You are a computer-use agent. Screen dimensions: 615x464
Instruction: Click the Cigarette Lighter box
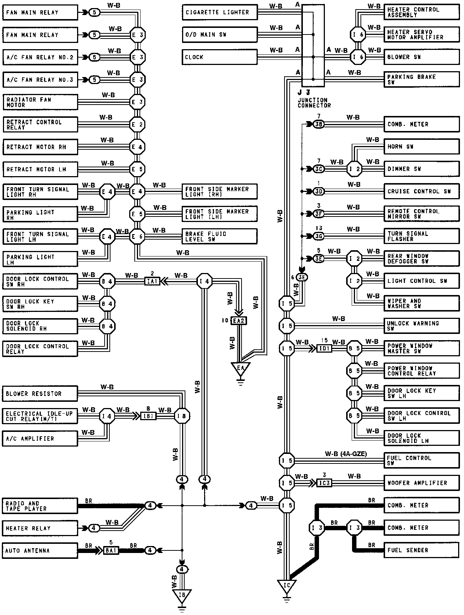click(220, 12)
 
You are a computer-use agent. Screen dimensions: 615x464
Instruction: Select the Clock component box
click(220, 57)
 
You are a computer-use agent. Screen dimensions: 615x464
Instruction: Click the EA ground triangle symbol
click(240, 368)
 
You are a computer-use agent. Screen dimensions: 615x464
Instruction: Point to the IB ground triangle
click(182, 595)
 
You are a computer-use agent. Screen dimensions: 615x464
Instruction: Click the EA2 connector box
click(239, 321)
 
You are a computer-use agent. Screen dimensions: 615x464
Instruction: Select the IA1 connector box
click(152, 282)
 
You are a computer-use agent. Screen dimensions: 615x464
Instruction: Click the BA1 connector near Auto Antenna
click(111, 550)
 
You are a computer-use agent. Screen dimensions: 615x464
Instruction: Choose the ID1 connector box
click(324, 348)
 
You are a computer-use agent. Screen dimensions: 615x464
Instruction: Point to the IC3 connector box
click(324, 483)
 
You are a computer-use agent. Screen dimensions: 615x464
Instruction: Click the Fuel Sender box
click(421, 550)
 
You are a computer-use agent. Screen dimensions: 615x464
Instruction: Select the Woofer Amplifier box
click(421, 483)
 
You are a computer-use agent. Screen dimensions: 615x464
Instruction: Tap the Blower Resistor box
click(40, 394)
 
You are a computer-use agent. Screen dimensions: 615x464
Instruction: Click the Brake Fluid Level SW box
click(220, 237)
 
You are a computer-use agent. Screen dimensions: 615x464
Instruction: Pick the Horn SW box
click(421, 146)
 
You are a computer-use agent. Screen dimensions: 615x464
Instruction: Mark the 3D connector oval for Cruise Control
click(319, 192)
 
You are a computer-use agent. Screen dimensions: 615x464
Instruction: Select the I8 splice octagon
click(182, 416)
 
